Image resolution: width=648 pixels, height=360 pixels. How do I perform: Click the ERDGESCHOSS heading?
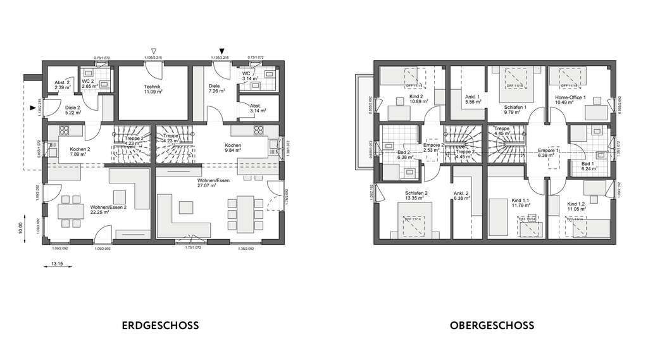(159, 326)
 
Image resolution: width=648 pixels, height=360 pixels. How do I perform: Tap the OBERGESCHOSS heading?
(492, 326)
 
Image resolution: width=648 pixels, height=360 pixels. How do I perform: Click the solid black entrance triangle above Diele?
(221, 51)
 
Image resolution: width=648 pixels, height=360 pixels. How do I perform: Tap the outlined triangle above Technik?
(153, 51)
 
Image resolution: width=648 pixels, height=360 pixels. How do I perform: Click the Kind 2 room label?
(415, 99)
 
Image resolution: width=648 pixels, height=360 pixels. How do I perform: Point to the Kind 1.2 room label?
(576, 205)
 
